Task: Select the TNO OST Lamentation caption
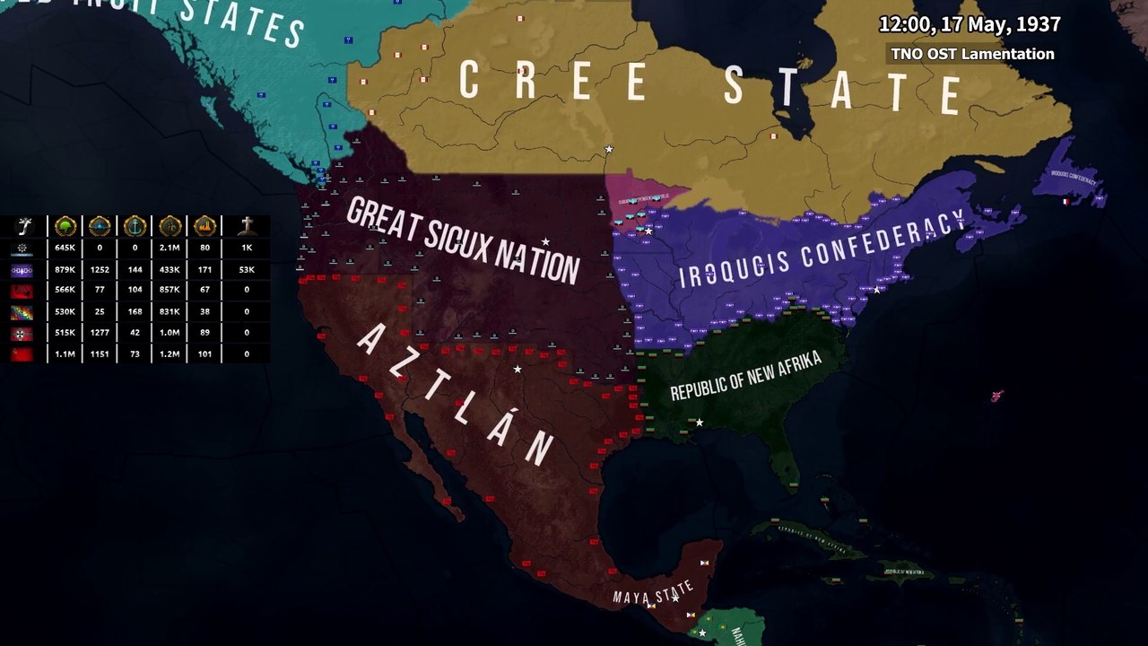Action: (972, 54)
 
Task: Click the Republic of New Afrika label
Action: (745, 377)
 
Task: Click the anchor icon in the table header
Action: (135, 226)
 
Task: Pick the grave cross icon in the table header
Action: (247, 226)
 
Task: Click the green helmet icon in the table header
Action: (65, 226)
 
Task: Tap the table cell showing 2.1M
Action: (170, 248)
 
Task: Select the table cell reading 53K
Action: (247, 269)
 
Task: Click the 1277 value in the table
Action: (100, 333)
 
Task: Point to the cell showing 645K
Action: (65, 248)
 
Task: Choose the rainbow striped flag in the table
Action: (22, 311)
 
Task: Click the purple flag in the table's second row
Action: (22, 269)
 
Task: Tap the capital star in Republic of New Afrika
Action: (700, 423)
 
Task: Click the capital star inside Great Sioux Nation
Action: (545, 242)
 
